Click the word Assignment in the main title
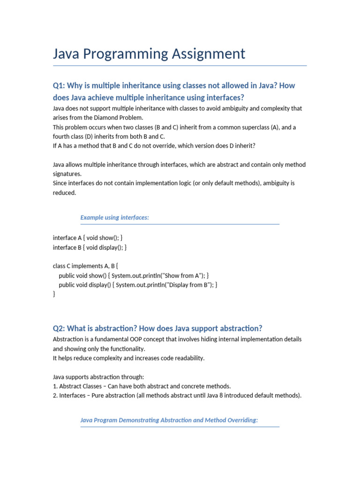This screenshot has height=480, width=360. tap(211, 54)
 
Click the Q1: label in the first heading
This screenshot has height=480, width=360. tap(59, 86)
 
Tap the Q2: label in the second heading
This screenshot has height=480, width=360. tap(59, 328)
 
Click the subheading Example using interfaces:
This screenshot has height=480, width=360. tap(114, 217)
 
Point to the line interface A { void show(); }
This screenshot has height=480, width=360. tap(88, 238)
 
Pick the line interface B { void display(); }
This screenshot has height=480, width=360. tap(90, 247)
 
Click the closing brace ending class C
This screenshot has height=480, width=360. tap(54, 294)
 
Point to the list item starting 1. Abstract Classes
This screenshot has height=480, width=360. tap(142, 386)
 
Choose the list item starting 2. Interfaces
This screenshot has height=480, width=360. tap(177, 395)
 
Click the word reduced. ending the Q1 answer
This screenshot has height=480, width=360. tap(64, 193)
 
